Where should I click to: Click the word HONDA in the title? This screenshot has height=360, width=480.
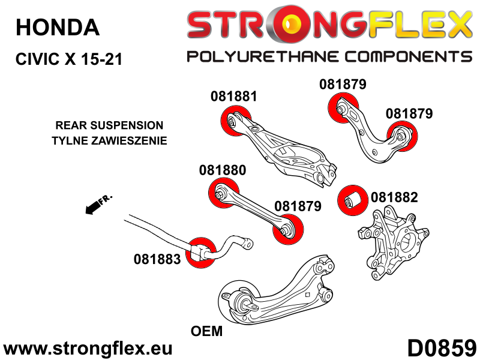coord(57,27)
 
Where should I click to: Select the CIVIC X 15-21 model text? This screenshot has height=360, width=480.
coord(68,59)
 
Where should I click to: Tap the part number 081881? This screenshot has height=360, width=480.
coord(233,96)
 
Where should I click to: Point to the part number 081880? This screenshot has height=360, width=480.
coord(222,170)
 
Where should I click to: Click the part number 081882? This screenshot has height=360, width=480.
coord(394,196)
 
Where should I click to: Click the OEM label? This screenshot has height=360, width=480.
coord(206,331)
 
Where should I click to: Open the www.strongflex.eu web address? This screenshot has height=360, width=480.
coord(88,349)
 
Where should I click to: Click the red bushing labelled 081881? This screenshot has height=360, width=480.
coord(235,119)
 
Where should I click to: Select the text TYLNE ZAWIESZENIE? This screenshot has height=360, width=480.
coord(109,141)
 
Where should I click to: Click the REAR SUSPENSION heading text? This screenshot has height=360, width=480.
coord(109,125)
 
